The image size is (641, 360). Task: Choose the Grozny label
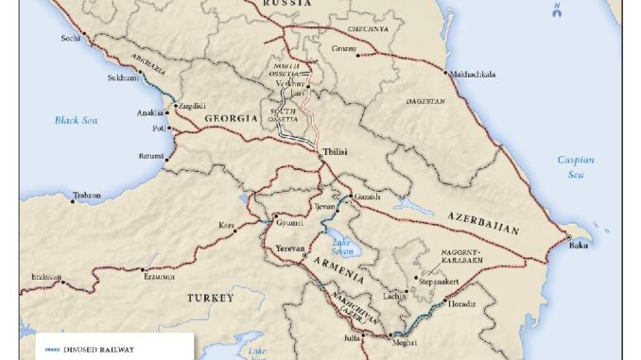click(345, 48)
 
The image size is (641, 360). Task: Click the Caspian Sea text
click(576, 166)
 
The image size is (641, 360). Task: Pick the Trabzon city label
click(86, 196)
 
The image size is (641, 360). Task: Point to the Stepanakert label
click(439, 281)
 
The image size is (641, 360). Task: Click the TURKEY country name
click(210, 298)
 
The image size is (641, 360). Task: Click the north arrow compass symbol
click(557, 11)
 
